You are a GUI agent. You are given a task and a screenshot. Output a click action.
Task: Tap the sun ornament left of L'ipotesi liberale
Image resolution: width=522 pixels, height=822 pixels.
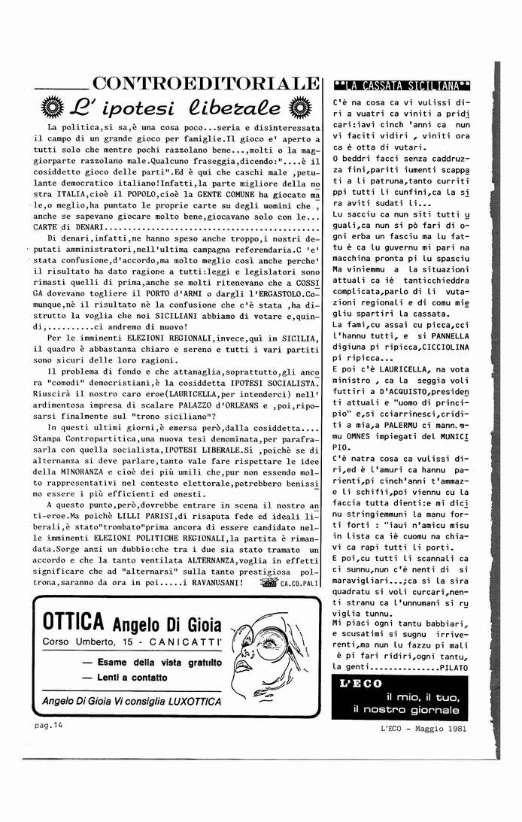[x=52, y=106]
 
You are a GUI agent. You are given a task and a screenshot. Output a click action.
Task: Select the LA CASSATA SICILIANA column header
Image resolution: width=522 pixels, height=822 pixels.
[x=402, y=85]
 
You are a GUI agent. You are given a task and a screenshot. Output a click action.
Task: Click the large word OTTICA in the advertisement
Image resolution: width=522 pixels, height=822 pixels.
[x=73, y=623]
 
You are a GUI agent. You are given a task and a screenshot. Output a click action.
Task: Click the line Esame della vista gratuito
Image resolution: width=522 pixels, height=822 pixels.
[x=152, y=663]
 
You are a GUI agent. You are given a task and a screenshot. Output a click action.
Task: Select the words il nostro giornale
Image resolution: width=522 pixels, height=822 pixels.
[x=405, y=709]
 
